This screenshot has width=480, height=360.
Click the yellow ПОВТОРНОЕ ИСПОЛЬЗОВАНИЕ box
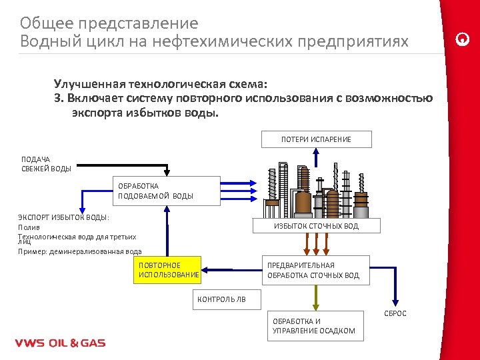[167, 270]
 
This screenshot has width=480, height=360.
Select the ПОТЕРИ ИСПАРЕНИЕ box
[316, 139]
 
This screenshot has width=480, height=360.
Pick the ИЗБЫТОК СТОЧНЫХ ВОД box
[316, 226]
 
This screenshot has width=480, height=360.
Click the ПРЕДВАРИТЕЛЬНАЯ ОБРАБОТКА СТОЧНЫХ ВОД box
[314, 270]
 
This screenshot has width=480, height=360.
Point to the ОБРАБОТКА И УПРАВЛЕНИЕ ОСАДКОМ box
[315, 326]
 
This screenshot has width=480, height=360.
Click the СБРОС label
[395, 313]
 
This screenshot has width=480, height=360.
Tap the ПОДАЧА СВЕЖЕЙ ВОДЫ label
[46, 164]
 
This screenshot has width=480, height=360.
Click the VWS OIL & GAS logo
[60, 343]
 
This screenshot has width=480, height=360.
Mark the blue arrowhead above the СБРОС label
[395, 301]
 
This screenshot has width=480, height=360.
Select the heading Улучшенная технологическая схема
[160, 85]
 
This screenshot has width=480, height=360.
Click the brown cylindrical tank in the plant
[303, 202]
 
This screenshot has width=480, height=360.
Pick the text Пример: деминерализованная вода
[79, 251]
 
